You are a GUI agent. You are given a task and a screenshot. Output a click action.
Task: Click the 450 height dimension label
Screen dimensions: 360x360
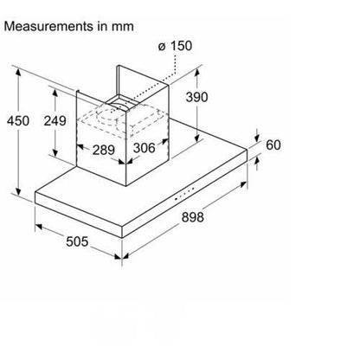pyautogui.click(x=18, y=120)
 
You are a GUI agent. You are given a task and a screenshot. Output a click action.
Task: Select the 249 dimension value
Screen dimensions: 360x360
pyautogui.click(x=55, y=120)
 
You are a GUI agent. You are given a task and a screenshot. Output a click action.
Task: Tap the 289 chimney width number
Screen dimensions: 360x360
pyautogui.click(x=104, y=150)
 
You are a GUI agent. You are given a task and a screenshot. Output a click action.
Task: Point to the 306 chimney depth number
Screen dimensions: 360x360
pyautogui.click(x=145, y=148)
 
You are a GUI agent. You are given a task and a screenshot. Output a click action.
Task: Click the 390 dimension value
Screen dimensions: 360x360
pyautogui.click(x=196, y=97)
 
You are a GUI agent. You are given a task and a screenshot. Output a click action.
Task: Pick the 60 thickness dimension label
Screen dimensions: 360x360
pyautogui.click(x=273, y=145)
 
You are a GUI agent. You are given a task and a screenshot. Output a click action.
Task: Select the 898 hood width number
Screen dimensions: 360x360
pyautogui.click(x=193, y=217)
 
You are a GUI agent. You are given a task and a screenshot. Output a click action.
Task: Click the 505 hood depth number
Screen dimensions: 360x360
pyautogui.click(x=77, y=241)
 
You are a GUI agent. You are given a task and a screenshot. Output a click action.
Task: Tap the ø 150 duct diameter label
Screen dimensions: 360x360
pyautogui.click(x=175, y=46)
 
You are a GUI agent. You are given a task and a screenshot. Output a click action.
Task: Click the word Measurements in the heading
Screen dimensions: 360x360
pyautogui.click(x=47, y=26)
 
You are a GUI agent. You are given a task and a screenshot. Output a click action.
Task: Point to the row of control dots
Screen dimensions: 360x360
pyautogui.click(x=184, y=193)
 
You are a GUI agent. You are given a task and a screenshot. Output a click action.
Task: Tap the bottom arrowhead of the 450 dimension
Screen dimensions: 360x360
pyautogui.click(x=18, y=190)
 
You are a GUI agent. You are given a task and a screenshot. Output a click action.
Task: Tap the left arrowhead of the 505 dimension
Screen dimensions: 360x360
pyautogui.click(x=39, y=227)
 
